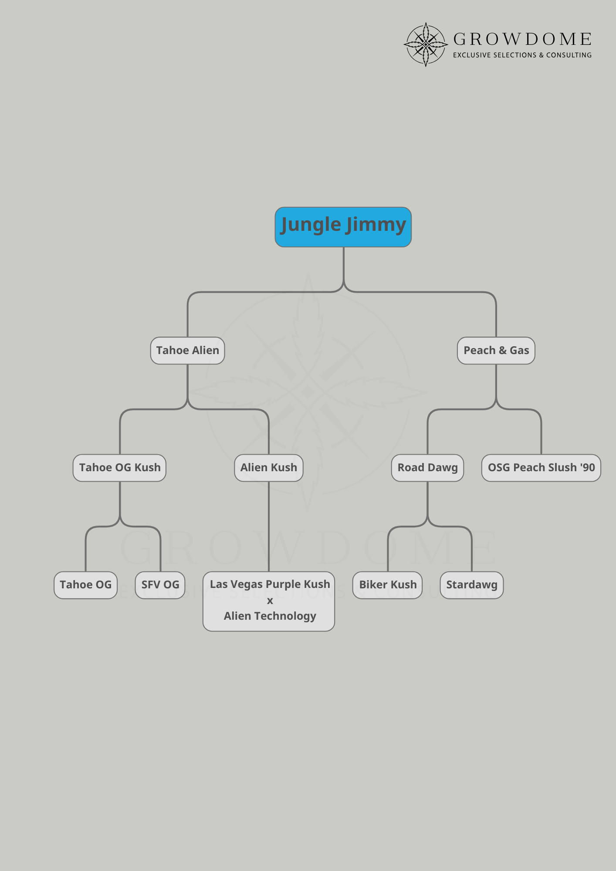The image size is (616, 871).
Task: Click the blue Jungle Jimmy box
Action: (343, 227)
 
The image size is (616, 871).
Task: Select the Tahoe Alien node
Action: (188, 351)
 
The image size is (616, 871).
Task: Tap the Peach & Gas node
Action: (496, 351)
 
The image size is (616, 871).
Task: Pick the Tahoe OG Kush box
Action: (120, 468)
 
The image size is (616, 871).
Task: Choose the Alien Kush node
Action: (269, 468)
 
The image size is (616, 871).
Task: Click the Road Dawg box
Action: (427, 468)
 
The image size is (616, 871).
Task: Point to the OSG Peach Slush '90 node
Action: (541, 468)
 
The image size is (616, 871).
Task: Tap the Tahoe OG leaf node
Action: (86, 585)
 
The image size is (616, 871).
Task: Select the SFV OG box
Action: (160, 585)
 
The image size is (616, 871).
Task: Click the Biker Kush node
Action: (388, 585)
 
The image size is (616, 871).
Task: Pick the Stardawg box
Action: (472, 585)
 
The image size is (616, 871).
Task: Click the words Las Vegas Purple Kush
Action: (270, 584)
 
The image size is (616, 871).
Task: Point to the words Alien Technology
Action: (270, 616)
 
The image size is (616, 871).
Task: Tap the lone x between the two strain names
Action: (270, 601)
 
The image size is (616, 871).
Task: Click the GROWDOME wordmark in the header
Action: (522, 40)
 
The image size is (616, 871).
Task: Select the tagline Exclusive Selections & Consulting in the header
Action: (522, 55)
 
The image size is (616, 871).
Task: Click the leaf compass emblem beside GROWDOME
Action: (426, 44)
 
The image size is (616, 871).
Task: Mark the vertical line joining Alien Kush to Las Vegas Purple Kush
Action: (269, 527)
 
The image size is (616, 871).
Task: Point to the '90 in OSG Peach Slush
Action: (588, 468)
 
